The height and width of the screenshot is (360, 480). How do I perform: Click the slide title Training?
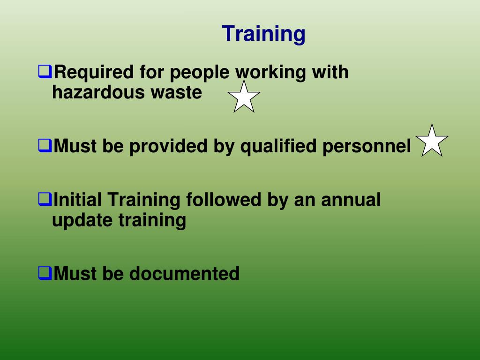click(x=263, y=34)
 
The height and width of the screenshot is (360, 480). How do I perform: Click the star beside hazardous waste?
click(x=244, y=97)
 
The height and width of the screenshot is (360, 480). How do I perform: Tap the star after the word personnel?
click(x=432, y=141)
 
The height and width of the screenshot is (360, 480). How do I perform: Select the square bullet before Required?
click(x=45, y=72)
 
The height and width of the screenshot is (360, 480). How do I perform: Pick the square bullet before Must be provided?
click(x=45, y=146)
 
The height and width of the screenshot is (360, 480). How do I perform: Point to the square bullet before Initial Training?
click(x=45, y=200)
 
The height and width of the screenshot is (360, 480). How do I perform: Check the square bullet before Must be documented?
click(x=45, y=273)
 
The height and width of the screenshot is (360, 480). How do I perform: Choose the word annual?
click(x=351, y=200)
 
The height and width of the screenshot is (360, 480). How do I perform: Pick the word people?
click(x=199, y=73)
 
